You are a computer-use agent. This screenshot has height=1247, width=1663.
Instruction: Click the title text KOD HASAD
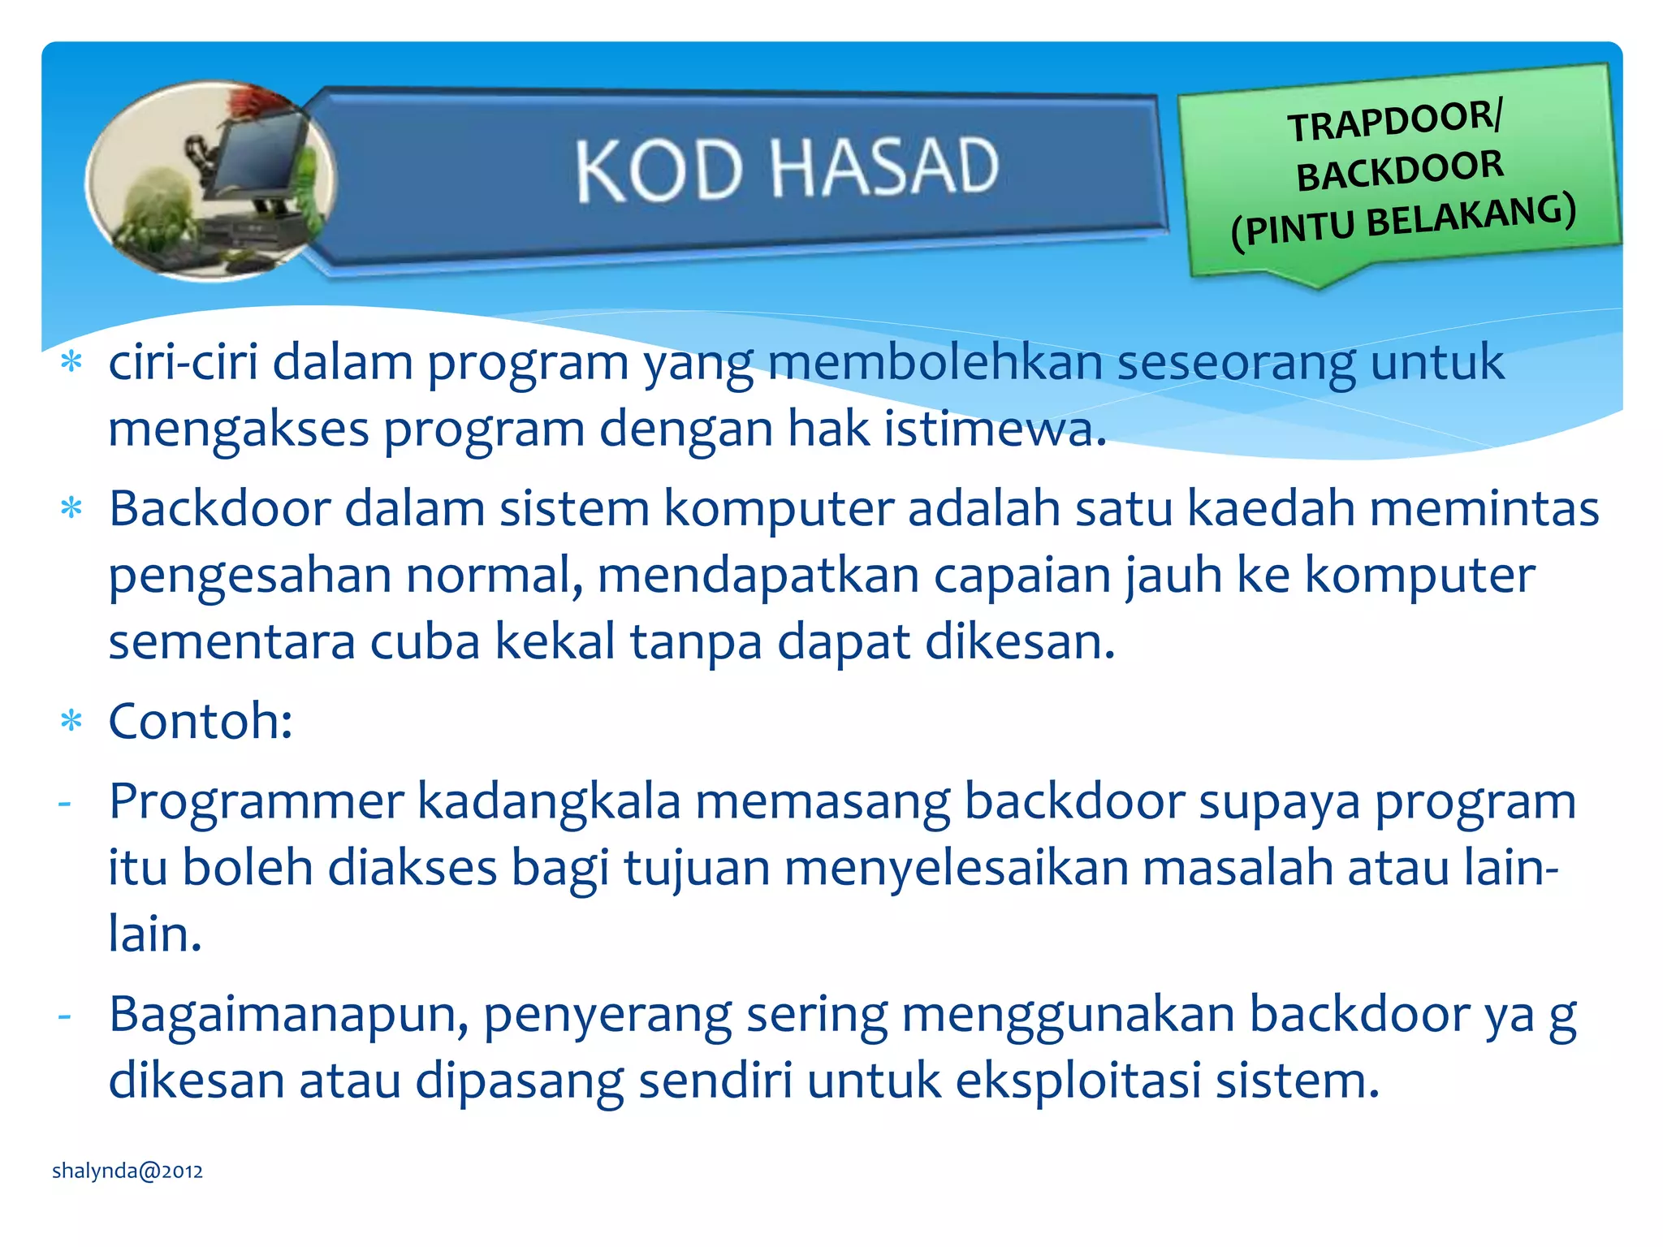pyautogui.click(x=786, y=168)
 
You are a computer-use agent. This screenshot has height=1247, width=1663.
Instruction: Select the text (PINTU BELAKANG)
pyautogui.click(x=1403, y=222)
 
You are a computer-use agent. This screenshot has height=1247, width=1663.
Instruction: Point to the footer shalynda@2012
pyautogui.click(x=127, y=1171)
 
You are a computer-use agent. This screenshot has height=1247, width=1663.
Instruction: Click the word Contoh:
pyautogui.click(x=201, y=721)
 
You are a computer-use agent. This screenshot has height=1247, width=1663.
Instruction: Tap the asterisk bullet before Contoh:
pyautogui.click(x=71, y=721)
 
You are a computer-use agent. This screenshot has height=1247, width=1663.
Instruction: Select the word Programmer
pyautogui.click(x=256, y=801)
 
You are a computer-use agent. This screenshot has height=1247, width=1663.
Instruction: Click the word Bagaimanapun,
pyautogui.click(x=288, y=1015)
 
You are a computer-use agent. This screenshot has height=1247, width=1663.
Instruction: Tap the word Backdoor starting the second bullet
pyautogui.click(x=219, y=509)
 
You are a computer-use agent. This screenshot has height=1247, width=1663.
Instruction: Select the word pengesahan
pyautogui.click(x=249, y=576)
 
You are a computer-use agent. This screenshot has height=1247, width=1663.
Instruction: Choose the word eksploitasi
pyautogui.click(x=1078, y=1081)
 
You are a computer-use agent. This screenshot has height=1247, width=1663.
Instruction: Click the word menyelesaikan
pyautogui.click(x=957, y=868)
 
